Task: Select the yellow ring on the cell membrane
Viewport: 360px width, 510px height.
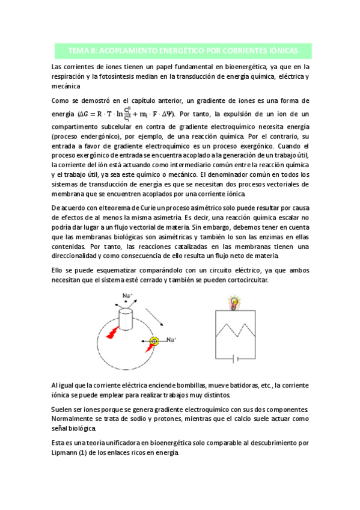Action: (x=154, y=341)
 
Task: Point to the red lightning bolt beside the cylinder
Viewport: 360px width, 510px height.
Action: (x=113, y=332)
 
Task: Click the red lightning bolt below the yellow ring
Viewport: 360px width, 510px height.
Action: (x=148, y=348)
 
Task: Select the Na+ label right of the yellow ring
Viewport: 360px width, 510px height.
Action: (x=171, y=340)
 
